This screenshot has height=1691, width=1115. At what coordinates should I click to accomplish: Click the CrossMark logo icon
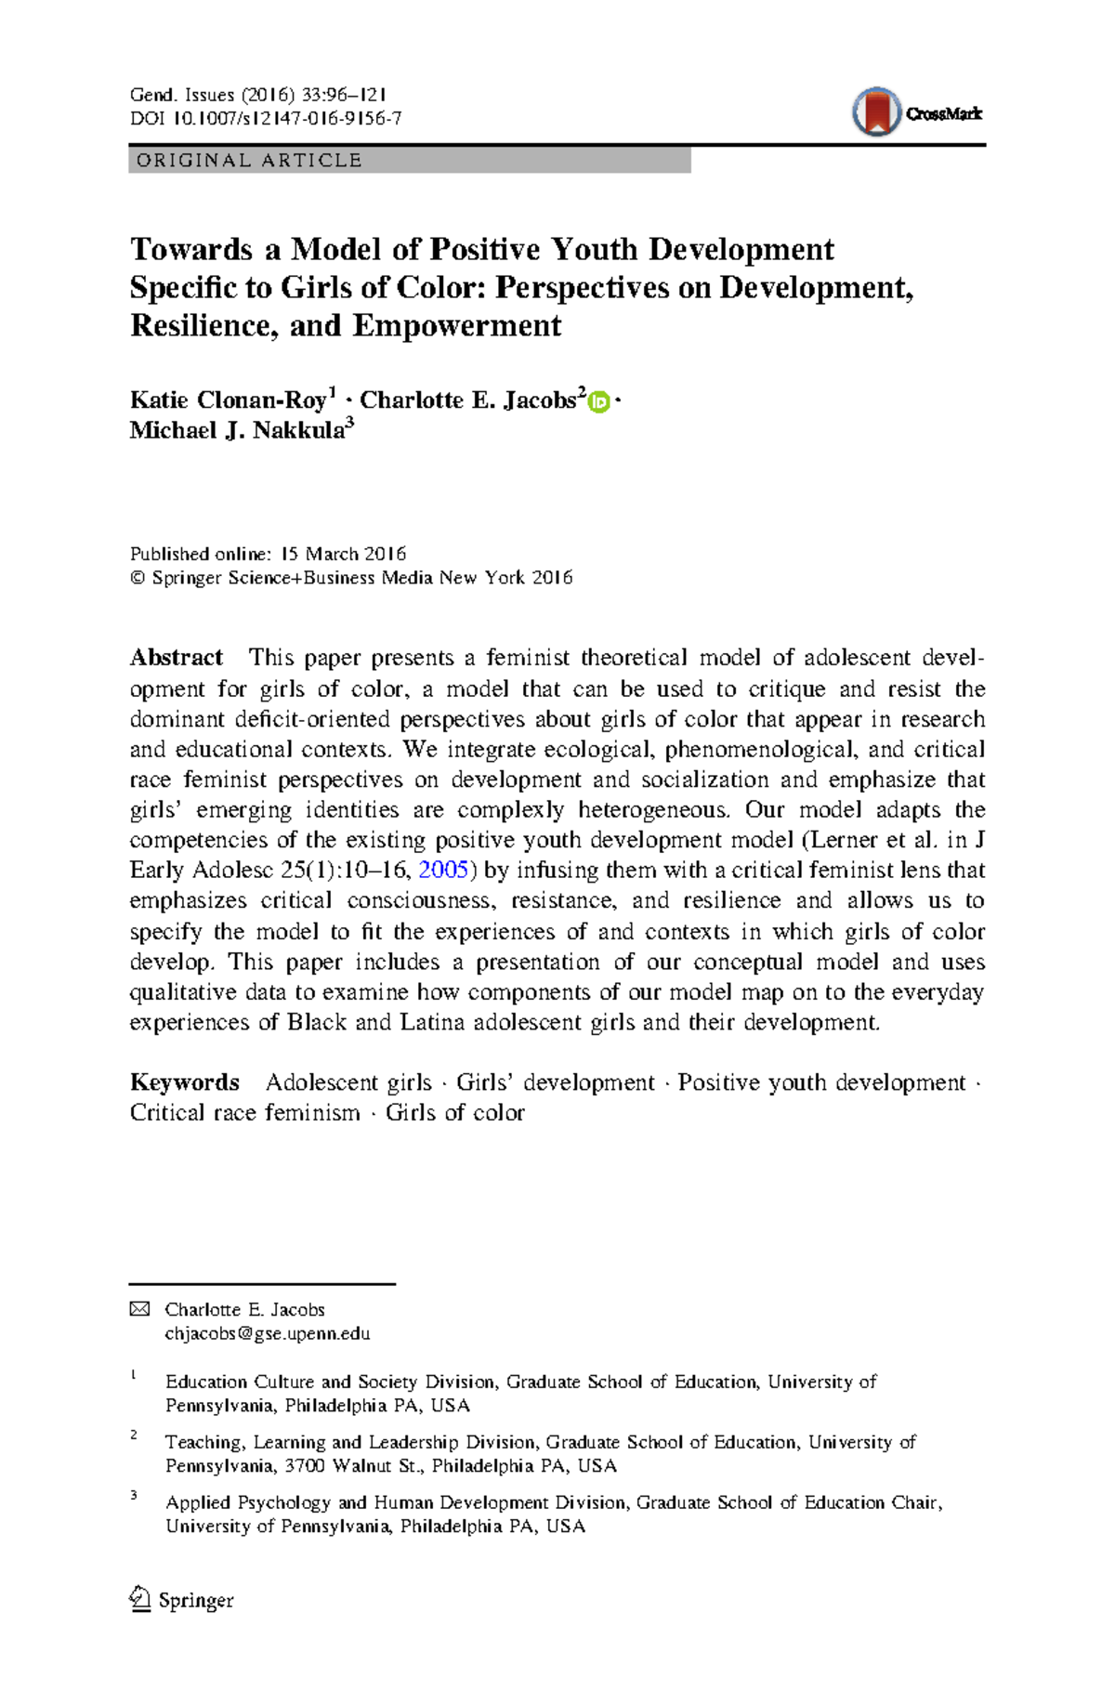coord(876,112)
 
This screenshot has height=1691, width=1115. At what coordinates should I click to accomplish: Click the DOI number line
coord(266,119)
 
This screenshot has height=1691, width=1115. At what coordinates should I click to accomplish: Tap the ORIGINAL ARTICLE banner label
coord(249,161)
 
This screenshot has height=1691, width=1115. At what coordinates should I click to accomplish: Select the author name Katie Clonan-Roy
coord(229,400)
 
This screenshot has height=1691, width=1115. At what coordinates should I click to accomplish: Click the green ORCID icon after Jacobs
coord(599,402)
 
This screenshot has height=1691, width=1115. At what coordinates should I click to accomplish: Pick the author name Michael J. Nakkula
coord(237,431)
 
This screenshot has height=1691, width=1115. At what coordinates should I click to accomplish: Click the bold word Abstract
coord(177,658)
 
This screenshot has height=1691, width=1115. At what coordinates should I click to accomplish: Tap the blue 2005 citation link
coord(443,871)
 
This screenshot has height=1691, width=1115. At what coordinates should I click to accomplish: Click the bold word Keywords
coord(185,1082)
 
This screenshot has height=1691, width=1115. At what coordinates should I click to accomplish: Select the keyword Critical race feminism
coord(244,1113)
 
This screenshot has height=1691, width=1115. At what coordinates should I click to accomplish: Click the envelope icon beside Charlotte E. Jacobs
coord(139,1309)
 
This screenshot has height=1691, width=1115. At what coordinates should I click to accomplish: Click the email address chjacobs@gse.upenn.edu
coord(268,1333)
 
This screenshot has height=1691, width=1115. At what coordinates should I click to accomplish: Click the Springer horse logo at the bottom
coord(140,1599)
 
